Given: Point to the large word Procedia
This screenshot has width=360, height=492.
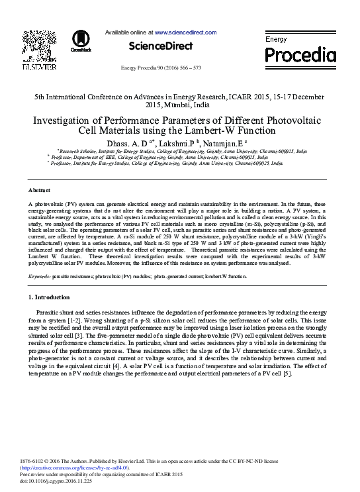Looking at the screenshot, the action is pos(300,54).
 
